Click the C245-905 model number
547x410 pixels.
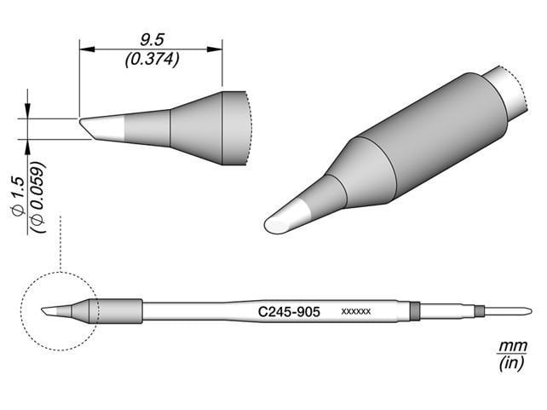289,313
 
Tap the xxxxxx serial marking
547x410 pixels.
355,313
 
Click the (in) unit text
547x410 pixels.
510,364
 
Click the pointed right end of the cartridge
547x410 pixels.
528,310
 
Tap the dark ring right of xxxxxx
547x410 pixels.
414,311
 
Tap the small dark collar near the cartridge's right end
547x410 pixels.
479,310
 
